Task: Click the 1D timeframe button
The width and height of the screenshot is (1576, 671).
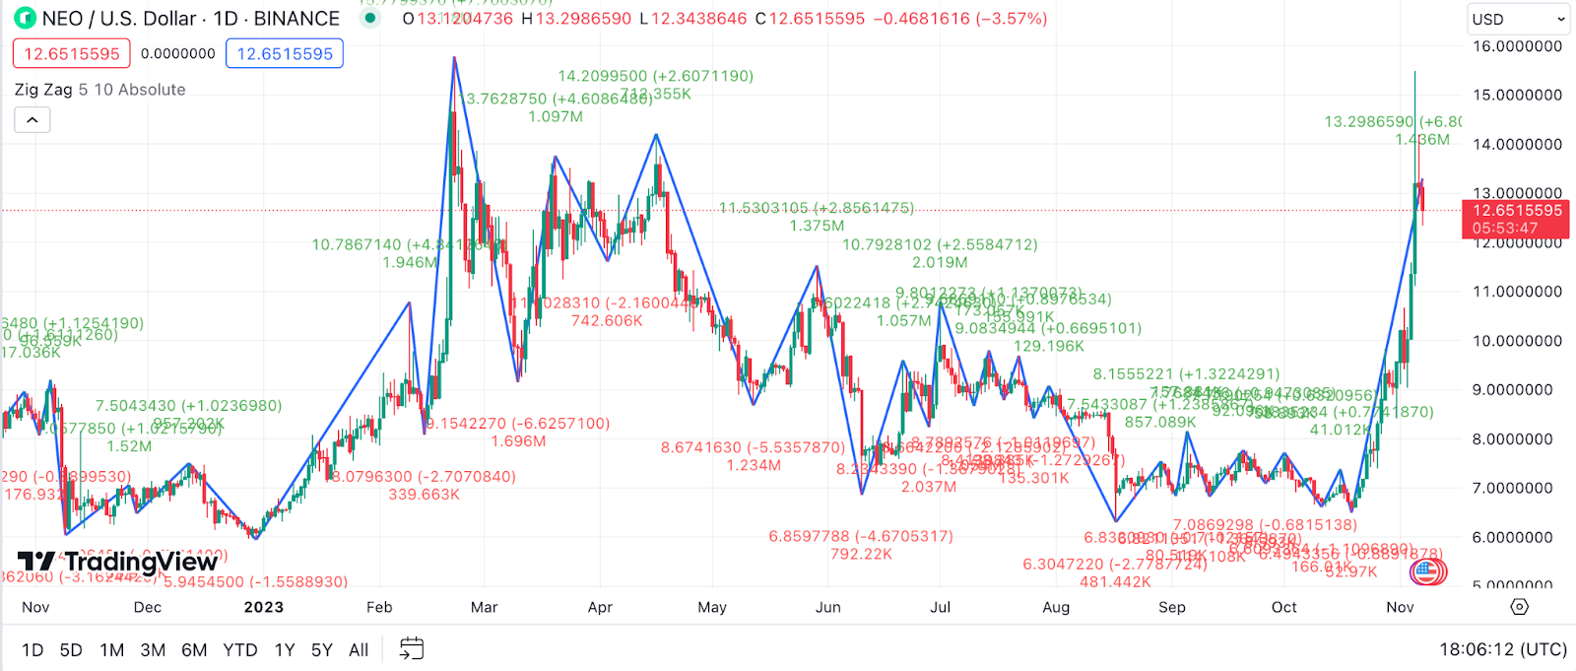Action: pyautogui.click(x=33, y=650)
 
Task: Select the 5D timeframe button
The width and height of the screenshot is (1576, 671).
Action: pyautogui.click(x=71, y=650)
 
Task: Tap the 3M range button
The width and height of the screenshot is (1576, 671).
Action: pyautogui.click(x=153, y=650)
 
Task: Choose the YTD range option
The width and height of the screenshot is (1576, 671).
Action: pyautogui.click(x=239, y=650)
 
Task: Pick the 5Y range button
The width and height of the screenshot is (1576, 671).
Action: pyautogui.click(x=321, y=650)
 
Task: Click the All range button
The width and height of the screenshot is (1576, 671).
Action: pyautogui.click(x=359, y=650)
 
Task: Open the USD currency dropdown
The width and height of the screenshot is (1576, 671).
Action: pyautogui.click(x=1517, y=19)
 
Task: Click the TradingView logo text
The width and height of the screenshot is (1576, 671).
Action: pyautogui.click(x=140, y=563)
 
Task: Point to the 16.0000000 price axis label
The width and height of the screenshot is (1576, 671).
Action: pyautogui.click(x=1517, y=46)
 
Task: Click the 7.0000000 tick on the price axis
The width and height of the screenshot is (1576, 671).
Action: pyautogui.click(x=1517, y=489)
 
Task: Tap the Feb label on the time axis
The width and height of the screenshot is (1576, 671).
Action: pyautogui.click(x=379, y=607)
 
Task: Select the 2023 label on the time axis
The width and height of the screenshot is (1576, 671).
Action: pyautogui.click(x=264, y=607)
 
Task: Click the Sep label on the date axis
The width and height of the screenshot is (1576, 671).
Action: pyautogui.click(x=1172, y=607)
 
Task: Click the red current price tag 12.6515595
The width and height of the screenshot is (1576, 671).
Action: pyautogui.click(x=1517, y=211)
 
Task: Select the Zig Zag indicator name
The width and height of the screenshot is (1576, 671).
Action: pyautogui.click(x=43, y=90)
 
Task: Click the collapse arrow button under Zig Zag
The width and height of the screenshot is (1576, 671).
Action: pyautogui.click(x=33, y=120)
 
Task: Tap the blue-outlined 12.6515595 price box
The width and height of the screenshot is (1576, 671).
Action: pyautogui.click(x=285, y=54)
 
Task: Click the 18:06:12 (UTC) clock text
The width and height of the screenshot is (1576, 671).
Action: pyautogui.click(x=1503, y=649)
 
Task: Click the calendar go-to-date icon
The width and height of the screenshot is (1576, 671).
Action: pyautogui.click(x=412, y=648)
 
